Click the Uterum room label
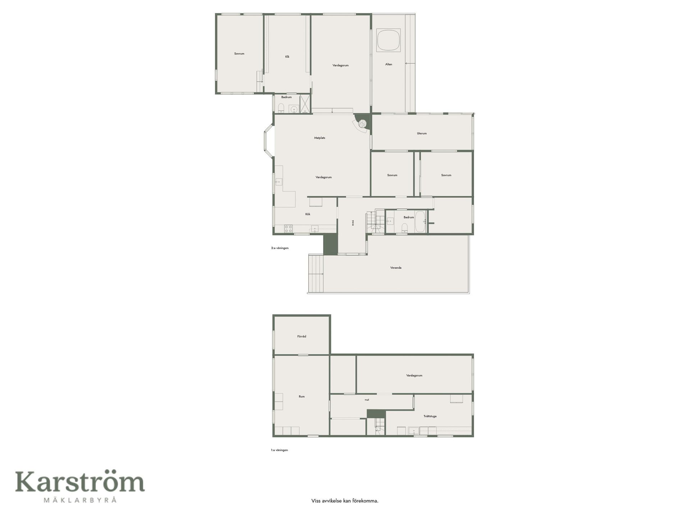coord(422,133)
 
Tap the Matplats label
coord(319,138)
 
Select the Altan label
coord(388,64)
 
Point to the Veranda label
coord(396,268)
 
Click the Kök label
coord(308,214)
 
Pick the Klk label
coord(287,57)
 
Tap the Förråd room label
coord(302,336)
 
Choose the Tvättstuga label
coord(430,416)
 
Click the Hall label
coord(367,400)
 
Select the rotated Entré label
coord(353,223)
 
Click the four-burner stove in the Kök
coord(289,228)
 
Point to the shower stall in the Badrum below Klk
coord(305,104)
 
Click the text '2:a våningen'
coord(280,248)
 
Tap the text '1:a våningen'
coord(279,450)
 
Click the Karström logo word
coord(80,482)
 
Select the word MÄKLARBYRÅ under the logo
coord(80,500)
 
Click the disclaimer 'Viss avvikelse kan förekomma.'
coord(345,501)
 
